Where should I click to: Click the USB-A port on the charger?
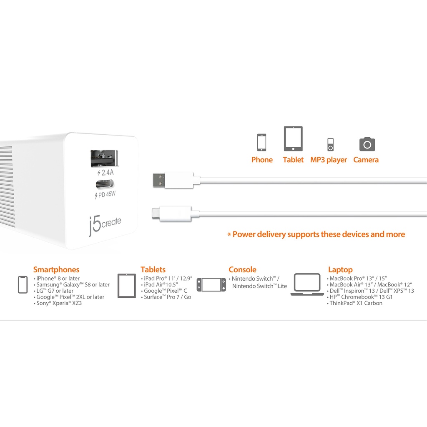[102, 158]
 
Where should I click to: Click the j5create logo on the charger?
[105, 224]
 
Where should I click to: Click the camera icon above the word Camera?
[367, 144]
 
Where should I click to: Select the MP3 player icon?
[330, 144]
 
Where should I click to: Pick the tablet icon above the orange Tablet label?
[293, 138]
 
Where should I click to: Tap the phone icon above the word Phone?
[261, 142]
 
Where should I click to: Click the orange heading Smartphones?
[56, 270]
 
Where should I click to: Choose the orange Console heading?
[242, 270]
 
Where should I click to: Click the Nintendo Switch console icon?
[211, 284]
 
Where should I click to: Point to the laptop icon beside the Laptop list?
[308, 284]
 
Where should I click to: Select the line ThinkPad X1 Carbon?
[355, 303]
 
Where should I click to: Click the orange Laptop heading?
[340, 270]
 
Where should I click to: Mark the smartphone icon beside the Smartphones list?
[23, 284]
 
